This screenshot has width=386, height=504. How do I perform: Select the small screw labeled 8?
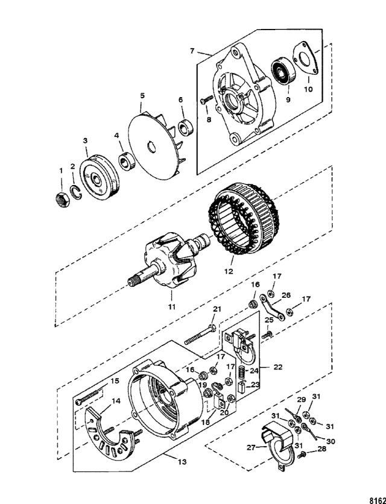203,104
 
